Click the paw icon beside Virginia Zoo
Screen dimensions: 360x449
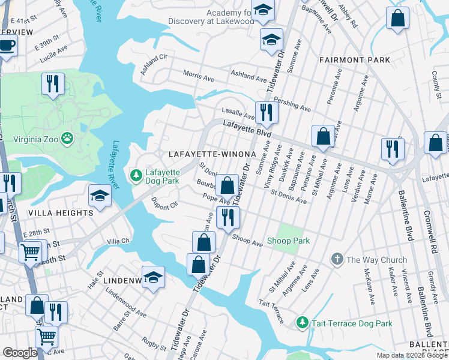(67, 139)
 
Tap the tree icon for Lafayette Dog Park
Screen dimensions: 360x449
(136, 175)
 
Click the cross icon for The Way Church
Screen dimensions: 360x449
(337, 260)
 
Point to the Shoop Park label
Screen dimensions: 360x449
(289, 241)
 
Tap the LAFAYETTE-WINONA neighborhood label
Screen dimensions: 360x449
(212, 154)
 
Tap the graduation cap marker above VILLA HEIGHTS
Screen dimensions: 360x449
(100, 195)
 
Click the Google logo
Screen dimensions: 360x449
(19, 352)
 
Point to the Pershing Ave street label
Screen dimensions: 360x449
(292, 104)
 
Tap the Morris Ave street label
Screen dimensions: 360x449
(198, 76)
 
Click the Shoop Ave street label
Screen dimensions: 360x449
(248, 240)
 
